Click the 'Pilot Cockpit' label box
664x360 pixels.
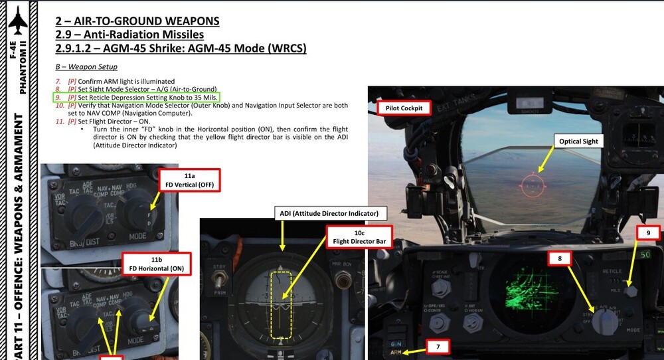pos(404,108)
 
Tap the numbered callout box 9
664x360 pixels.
pos(648,233)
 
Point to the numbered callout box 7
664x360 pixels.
pos(437,346)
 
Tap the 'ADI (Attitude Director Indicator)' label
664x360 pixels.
pos(329,213)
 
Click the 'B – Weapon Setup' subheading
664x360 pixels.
pos(86,67)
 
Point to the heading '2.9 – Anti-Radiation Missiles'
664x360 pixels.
pos(129,35)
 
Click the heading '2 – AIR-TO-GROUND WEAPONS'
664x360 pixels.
pos(137,21)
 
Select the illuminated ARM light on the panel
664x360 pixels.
pos(396,353)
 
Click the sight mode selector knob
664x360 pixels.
pos(604,321)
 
